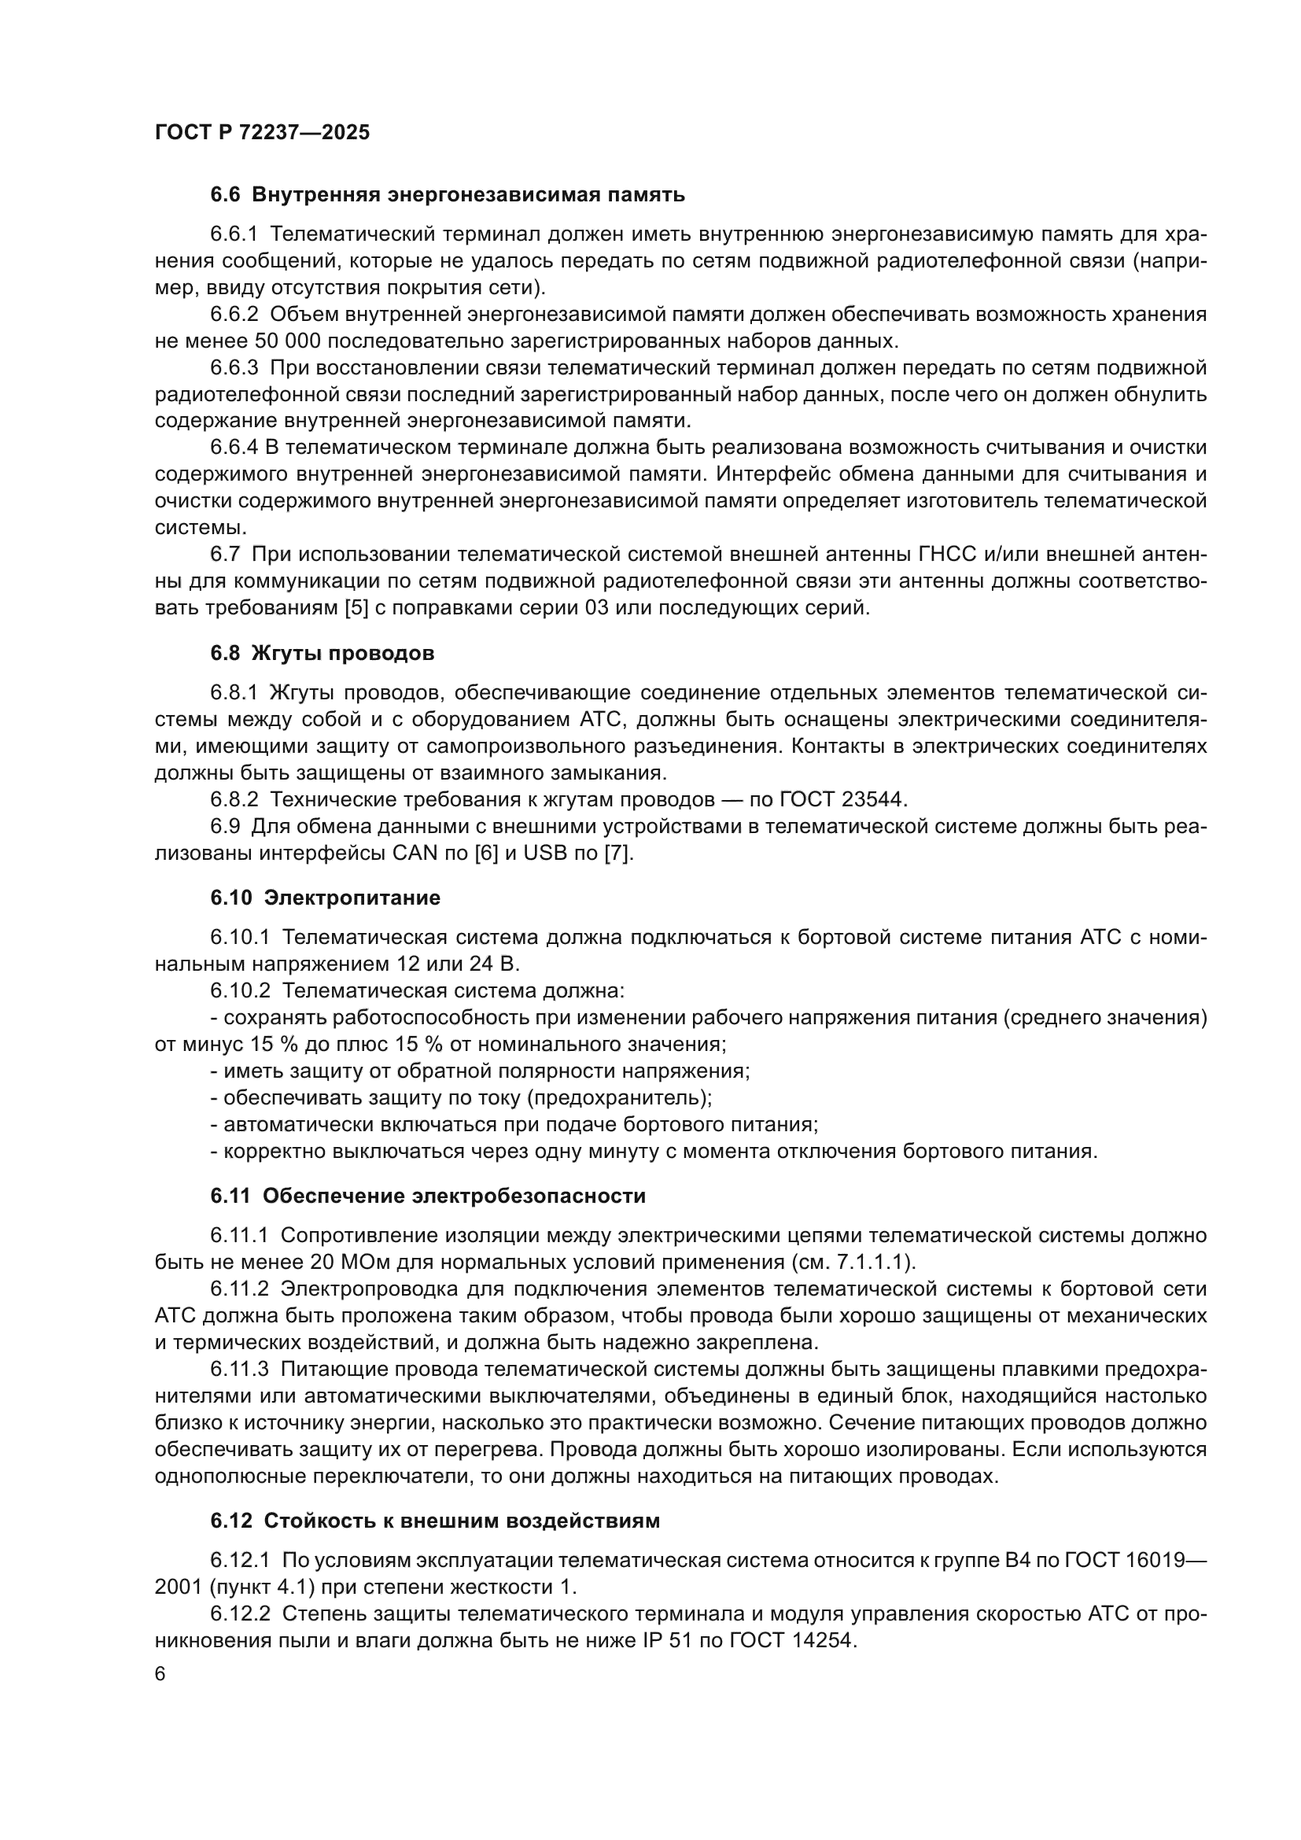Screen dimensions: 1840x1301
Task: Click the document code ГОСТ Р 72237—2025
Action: tap(262, 133)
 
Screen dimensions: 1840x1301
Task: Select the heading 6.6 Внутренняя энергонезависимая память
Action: tap(448, 195)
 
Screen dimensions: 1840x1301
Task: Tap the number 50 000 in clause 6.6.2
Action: tap(288, 341)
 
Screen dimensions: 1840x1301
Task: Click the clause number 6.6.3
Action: tap(234, 368)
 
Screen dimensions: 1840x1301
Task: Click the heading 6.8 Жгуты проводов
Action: tap(322, 653)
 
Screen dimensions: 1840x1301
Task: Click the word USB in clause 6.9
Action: tap(545, 853)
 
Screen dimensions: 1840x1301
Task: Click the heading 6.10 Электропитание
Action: tap(326, 898)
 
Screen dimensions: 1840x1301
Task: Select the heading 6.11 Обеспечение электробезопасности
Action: tap(428, 1197)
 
